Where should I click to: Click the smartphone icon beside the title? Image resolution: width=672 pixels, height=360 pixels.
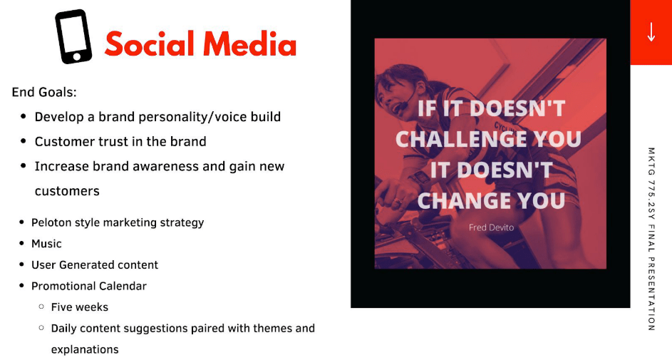(x=73, y=37)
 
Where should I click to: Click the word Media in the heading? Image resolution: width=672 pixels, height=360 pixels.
(x=249, y=44)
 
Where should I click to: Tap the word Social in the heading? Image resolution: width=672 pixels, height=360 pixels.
(x=147, y=44)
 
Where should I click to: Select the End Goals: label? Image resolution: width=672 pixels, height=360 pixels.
(x=44, y=93)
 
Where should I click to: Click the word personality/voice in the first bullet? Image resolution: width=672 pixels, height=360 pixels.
(x=187, y=117)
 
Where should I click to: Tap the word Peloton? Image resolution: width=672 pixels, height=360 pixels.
(x=52, y=222)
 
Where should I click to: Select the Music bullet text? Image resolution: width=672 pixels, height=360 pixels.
(x=46, y=244)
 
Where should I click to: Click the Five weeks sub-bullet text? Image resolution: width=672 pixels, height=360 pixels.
(x=80, y=307)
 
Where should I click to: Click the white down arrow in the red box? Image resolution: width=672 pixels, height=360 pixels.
(x=651, y=32)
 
